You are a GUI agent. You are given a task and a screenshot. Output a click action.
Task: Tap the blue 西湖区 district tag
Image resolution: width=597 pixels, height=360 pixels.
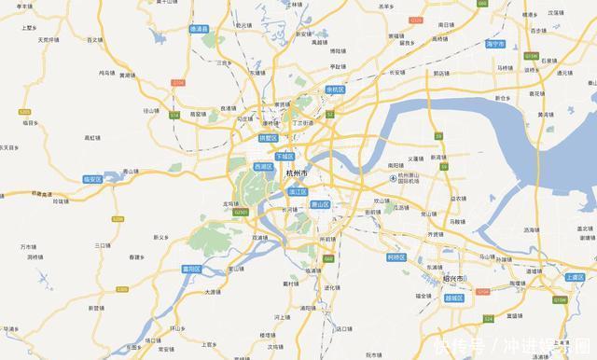point(264,166)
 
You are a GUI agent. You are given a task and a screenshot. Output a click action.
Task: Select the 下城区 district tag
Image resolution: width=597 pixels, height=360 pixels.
point(284,156)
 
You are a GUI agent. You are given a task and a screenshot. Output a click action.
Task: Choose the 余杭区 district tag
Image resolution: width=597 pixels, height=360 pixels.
point(336,90)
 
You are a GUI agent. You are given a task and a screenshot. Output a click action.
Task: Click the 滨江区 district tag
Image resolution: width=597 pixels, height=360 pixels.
point(298,191)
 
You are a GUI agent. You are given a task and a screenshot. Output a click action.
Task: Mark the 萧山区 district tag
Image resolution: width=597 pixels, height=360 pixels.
point(320,203)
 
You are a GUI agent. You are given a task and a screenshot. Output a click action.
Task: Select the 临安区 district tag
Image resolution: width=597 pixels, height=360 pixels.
point(91,178)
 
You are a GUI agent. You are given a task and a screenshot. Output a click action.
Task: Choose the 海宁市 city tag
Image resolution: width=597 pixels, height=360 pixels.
point(495,44)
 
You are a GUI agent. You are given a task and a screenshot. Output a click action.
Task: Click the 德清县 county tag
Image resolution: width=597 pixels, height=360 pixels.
point(200,29)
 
